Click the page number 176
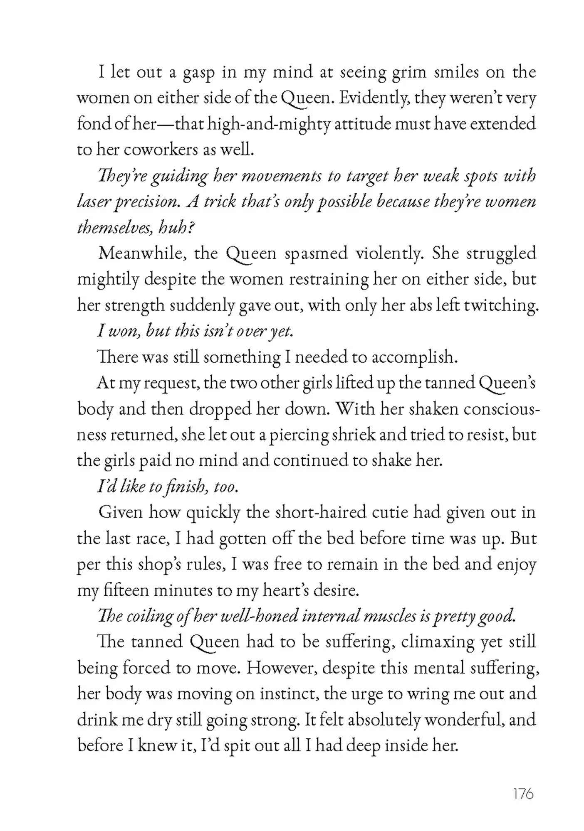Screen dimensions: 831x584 tap(523, 794)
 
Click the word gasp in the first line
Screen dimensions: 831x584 tap(198, 73)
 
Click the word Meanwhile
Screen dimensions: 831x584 tap(141, 253)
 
